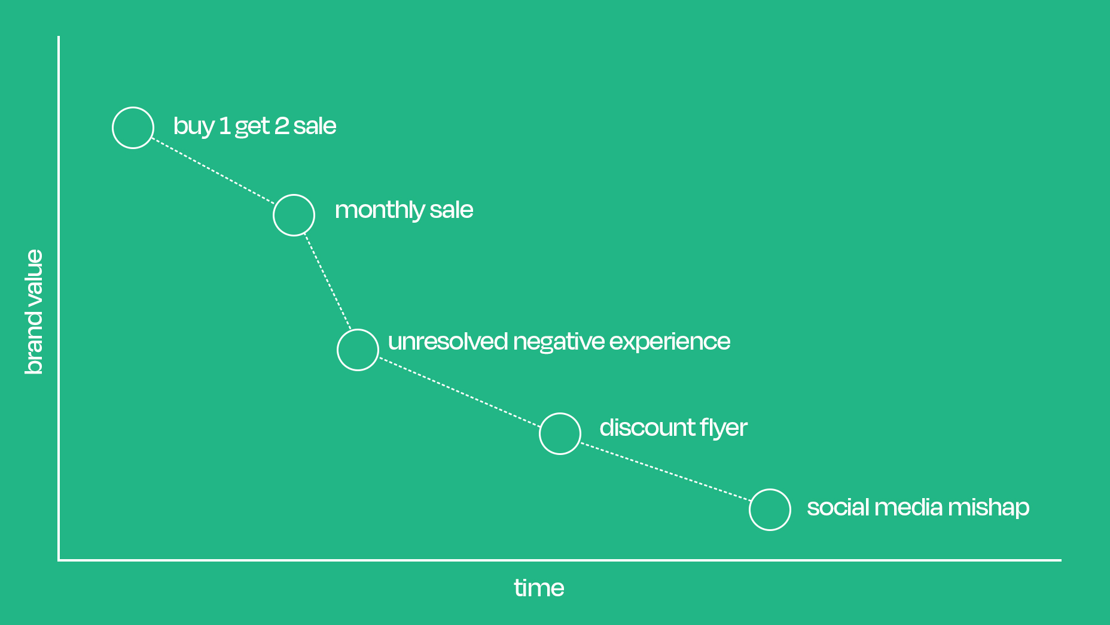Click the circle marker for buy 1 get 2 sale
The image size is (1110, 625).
(x=133, y=108)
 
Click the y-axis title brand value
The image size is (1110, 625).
(x=34, y=312)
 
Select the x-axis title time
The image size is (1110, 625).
(x=539, y=588)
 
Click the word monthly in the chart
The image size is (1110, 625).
(x=379, y=211)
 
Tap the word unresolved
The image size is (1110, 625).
(x=448, y=341)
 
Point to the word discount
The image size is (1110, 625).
(x=647, y=427)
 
